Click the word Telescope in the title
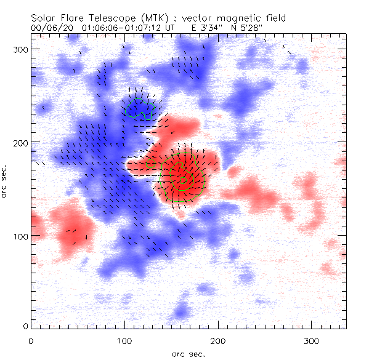pyautogui.click(x=107, y=19)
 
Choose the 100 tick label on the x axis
pyautogui.click(x=124, y=340)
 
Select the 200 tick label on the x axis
pyautogui.click(x=218, y=340)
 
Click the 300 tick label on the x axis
pyautogui.click(x=312, y=340)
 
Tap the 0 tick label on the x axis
pyautogui.click(x=31, y=340)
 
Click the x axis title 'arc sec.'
pyautogui.click(x=188, y=354)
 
